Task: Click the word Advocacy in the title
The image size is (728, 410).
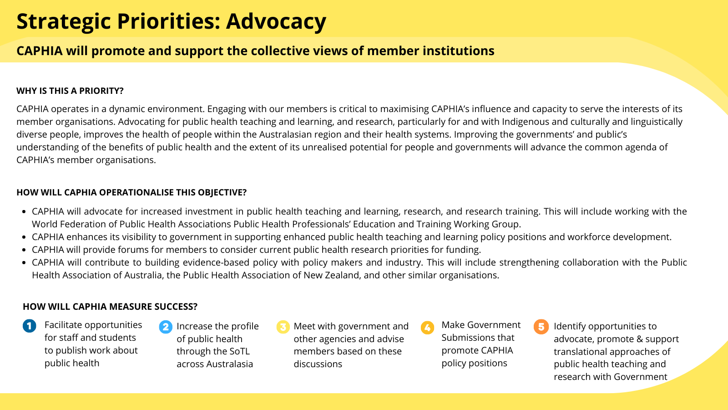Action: point(276,21)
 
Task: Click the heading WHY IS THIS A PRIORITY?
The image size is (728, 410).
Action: point(70,91)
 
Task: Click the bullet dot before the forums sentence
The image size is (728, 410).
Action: point(24,250)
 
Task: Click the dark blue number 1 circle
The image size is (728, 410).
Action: point(29,326)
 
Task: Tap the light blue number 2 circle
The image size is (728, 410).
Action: point(166,327)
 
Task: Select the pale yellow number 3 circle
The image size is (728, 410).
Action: point(283,327)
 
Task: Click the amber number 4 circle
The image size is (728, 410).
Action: point(427,328)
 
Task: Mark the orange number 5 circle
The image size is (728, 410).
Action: point(541,327)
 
